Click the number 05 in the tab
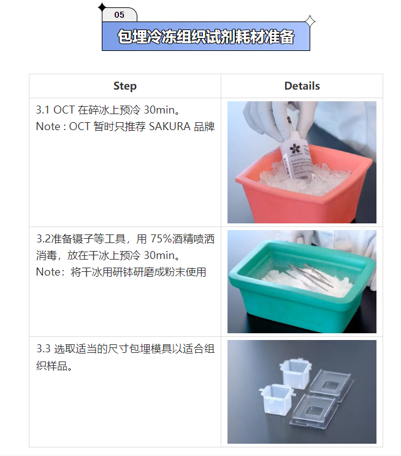[x=119, y=15]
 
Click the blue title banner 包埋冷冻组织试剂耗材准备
[x=205, y=37]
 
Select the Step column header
[x=125, y=86]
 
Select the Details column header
[x=302, y=86]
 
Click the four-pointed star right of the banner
[x=310, y=22]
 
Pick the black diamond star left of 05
[x=102, y=7]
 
